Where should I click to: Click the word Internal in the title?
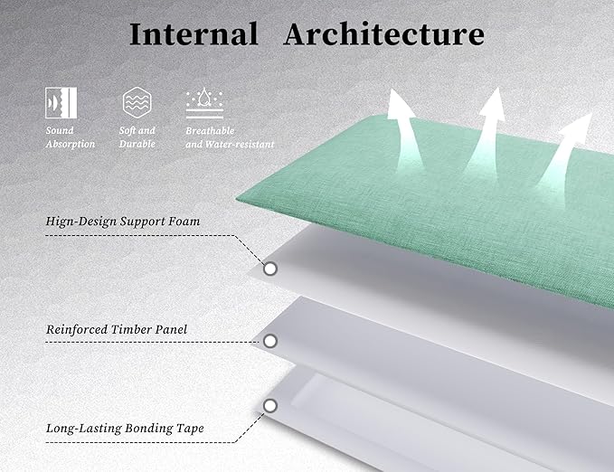click(194, 34)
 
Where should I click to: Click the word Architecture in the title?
click(384, 34)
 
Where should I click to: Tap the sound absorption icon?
click(61, 102)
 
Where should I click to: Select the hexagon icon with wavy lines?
click(137, 102)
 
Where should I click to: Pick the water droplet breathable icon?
click(204, 102)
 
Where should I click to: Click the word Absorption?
click(71, 145)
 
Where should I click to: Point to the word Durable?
click(137, 144)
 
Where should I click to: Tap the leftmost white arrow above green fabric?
click(404, 129)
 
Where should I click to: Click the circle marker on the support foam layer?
click(270, 269)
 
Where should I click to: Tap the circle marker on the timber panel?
click(270, 341)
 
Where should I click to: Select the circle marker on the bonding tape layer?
click(270, 406)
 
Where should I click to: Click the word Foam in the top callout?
click(184, 222)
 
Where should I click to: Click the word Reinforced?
click(77, 330)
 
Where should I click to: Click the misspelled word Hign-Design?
click(81, 222)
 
